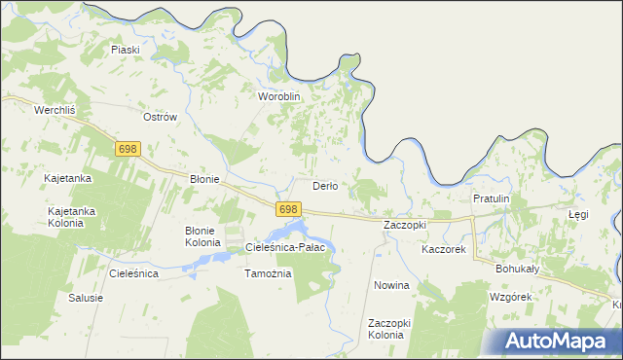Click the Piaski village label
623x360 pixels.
[126, 50]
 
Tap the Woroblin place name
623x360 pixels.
[278, 97]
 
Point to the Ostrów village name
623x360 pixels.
[160, 117]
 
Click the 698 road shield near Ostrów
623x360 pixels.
[128, 149]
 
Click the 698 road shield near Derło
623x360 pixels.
[287, 209]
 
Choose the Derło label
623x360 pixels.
[324, 186]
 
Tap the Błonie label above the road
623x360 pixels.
[203, 180]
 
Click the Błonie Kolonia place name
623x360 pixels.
[203, 235]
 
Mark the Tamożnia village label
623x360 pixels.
[268, 273]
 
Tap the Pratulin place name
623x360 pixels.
[491, 198]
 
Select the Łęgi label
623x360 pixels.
[579, 213]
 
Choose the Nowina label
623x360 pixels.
[391, 286]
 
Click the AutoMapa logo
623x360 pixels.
[558, 341]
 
